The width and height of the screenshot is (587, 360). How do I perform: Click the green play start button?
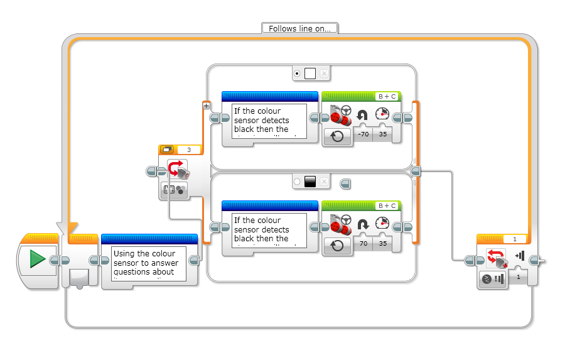tap(37, 259)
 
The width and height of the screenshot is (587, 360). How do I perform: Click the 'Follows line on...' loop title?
tap(299, 28)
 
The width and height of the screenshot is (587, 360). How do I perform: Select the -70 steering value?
tap(363, 134)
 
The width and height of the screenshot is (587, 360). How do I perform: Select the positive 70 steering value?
tap(363, 243)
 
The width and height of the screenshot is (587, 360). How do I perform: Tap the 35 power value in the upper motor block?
tap(382, 134)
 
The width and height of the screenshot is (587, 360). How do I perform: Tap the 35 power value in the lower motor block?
tap(382, 243)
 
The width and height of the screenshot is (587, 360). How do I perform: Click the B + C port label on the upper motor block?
tap(386, 97)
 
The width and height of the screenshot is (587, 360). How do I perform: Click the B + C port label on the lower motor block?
tap(386, 206)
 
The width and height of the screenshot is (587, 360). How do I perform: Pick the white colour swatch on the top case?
tap(310, 74)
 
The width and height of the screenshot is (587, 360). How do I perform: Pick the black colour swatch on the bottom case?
tap(310, 182)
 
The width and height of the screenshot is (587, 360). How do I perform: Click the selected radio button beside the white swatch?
tap(297, 74)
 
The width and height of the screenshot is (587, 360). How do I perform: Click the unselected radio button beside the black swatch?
tap(297, 182)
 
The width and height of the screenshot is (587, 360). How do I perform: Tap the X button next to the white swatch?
tap(324, 74)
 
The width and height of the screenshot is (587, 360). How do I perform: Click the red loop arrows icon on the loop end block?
tap(496, 258)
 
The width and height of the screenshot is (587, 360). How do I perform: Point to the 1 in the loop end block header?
tap(515, 239)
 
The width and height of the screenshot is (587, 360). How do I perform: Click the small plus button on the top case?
tap(206, 106)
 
